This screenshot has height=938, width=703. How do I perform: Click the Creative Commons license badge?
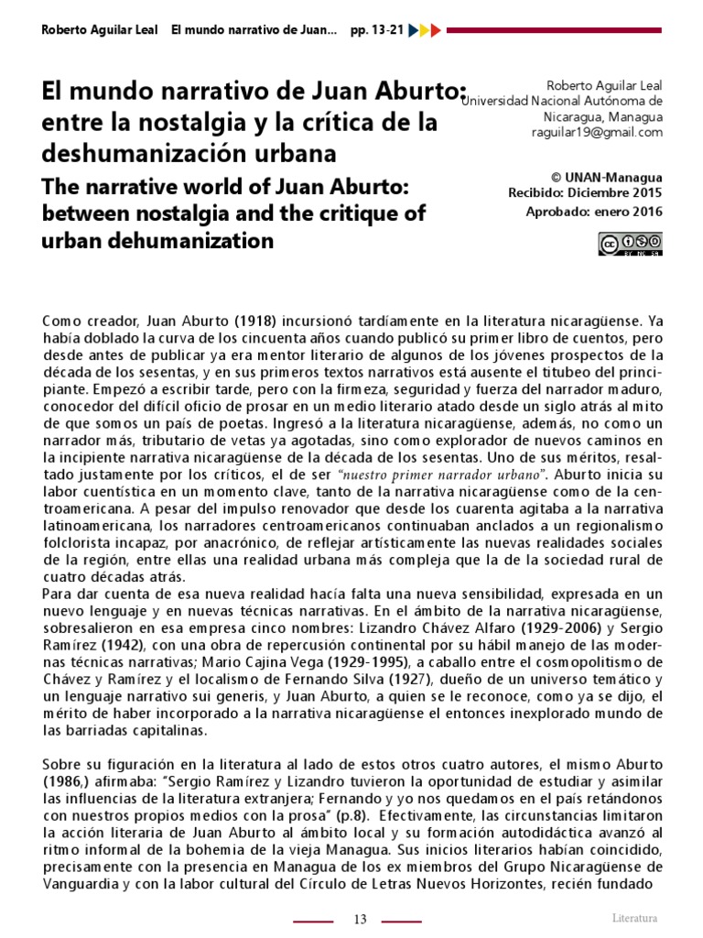(x=631, y=243)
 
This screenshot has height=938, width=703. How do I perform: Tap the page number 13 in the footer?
(x=360, y=920)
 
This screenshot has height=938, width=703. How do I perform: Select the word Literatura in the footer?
(x=634, y=918)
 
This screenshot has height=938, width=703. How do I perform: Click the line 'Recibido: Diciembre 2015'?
(x=585, y=192)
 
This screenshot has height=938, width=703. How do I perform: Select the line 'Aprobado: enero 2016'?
(x=593, y=211)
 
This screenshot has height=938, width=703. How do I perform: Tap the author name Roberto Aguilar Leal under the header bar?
(x=605, y=85)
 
